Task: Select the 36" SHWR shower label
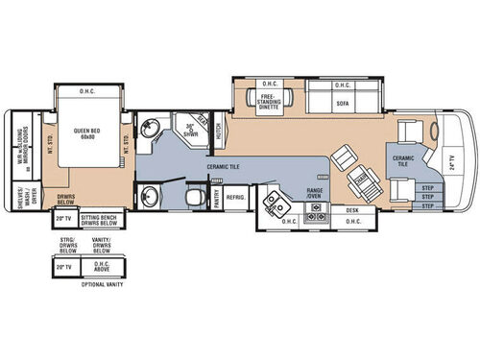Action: [189, 130]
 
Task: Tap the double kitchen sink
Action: [276, 207]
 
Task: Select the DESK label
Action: [352, 209]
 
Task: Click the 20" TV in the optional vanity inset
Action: [64, 268]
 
